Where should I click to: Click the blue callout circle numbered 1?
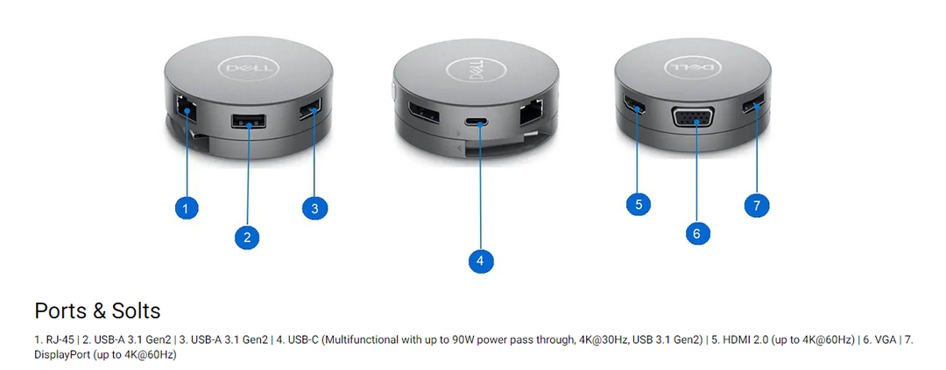coord(187,208)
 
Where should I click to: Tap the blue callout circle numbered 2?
coord(247,236)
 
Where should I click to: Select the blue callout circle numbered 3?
coord(314,208)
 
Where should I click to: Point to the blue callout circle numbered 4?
coord(480,261)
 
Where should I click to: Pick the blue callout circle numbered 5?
coord(639,205)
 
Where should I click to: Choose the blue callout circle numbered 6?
coord(697,234)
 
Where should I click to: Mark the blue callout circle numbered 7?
coord(757,205)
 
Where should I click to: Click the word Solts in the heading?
coord(136,311)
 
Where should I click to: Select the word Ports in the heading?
coord(60,311)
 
